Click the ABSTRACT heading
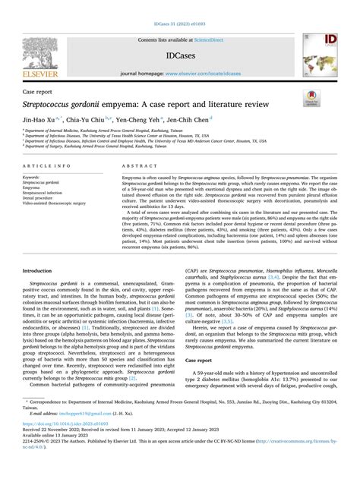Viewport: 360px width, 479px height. (x=124, y=164)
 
